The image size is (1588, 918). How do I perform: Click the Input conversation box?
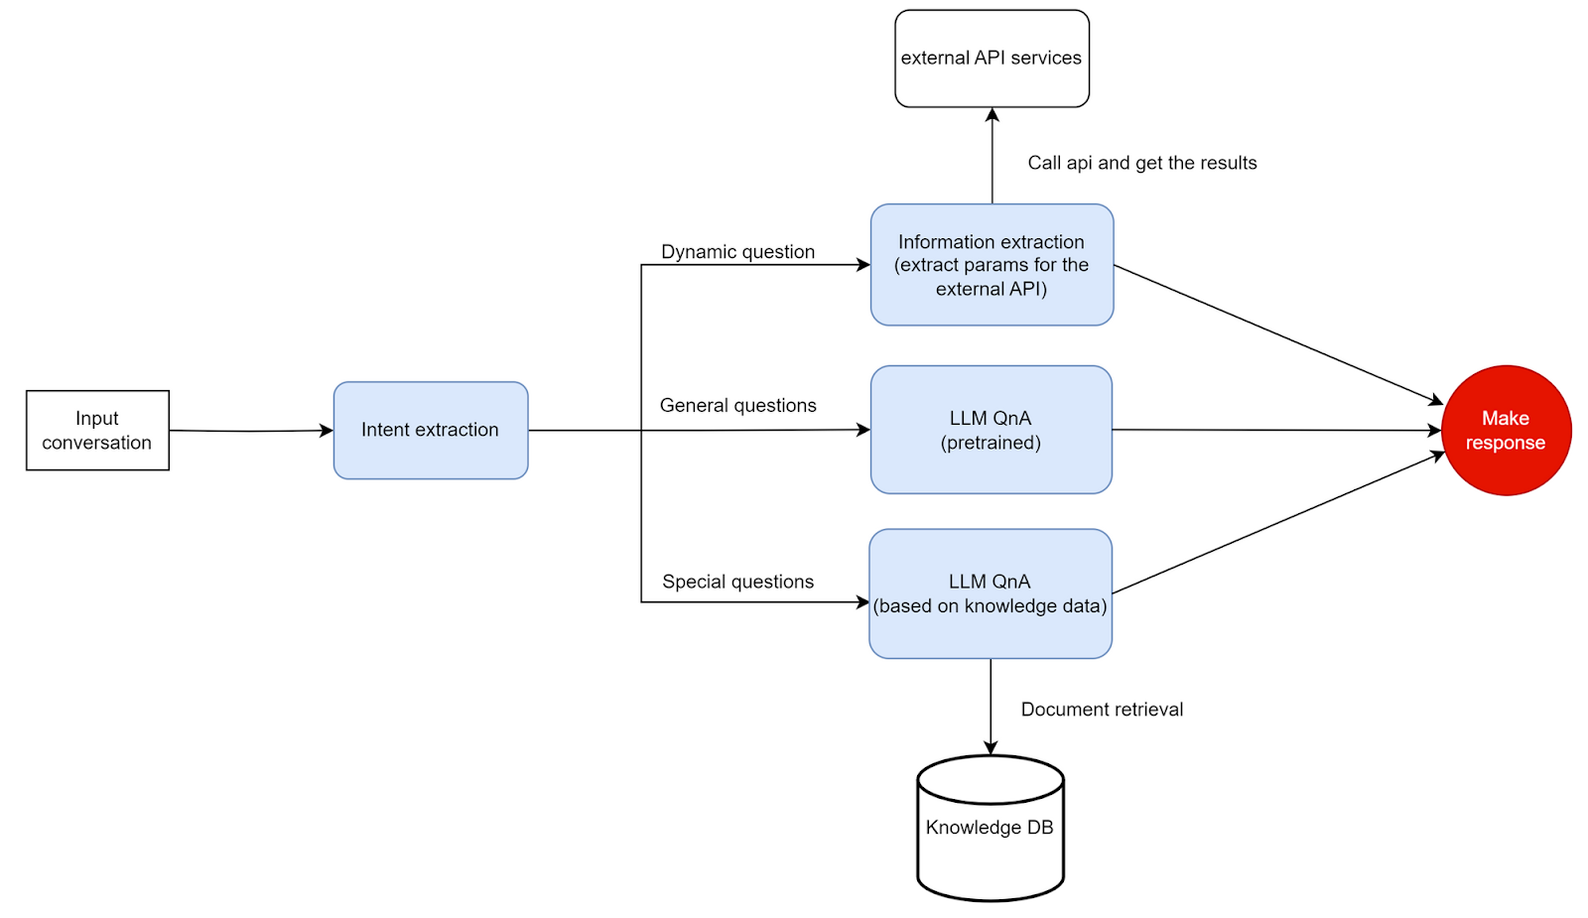[x=97, y=430]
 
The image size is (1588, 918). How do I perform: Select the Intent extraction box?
[x=430, y=430]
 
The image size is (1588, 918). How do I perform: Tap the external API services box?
[x=992, y=58]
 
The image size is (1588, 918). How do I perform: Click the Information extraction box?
[x=992, y=264]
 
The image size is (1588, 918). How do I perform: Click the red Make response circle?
[x=1506, y=430]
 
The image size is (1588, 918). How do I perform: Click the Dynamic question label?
[x=737, y=251]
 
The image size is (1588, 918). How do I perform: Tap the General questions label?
[x=737, y=405]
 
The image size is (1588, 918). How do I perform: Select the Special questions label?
[x=737, y=582]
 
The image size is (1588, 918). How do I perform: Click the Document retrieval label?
[x=1102, y=709]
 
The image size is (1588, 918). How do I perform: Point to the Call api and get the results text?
[x=1141, y=163]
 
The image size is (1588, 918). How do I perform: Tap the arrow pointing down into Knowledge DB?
[x=991, y=705]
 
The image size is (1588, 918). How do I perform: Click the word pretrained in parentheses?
[x=991, y=443]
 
